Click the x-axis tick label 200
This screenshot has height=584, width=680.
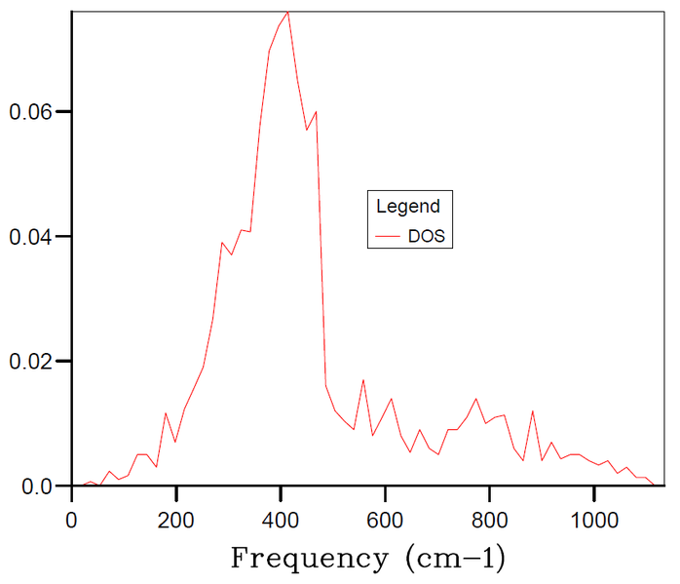(175, 520)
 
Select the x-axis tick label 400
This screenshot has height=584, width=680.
(281, 520)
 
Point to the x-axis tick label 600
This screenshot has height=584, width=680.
(385, 520)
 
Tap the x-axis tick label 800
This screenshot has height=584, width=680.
(490, 520)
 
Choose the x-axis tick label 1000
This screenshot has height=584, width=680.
(594, 520)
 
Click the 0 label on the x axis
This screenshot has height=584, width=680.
(71, 520)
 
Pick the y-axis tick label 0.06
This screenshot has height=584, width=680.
(30, 112)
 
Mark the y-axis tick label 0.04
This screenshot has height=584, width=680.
(30, 237)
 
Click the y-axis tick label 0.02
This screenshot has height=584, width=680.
(30, 362)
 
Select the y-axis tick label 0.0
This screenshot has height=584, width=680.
(37, 487)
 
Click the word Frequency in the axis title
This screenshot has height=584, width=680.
(309, 559)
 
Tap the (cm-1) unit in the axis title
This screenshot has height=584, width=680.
(455, 558)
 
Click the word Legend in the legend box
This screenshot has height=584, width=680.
(408, 207)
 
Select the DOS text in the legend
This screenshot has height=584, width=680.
(427, 236)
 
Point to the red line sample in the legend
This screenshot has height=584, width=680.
(388, 236)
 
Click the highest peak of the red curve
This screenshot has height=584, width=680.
(287, 12)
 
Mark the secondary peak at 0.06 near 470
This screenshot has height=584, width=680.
(317, 112)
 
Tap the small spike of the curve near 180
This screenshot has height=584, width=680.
(166, 413)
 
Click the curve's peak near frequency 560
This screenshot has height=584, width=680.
(363, 380)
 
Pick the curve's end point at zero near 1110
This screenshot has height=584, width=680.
(654, 486)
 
